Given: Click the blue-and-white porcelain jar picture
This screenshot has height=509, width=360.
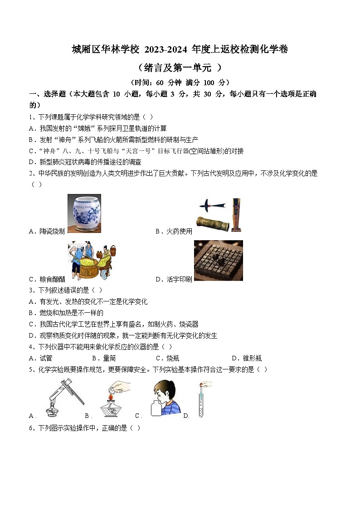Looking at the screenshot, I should tap(84, 213).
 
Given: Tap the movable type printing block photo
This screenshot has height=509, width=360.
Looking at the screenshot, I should tap(218, 261).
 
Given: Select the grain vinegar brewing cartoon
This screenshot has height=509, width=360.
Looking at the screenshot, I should tap(89, 261).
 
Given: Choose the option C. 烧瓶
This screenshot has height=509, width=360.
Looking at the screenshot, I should tap(167, 358).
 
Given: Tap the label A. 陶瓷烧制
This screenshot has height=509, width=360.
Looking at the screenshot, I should tap(47, 231).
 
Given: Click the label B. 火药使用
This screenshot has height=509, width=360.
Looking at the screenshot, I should tap(174, 231).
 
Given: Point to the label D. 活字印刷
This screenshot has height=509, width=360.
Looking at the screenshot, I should tap(174, 279).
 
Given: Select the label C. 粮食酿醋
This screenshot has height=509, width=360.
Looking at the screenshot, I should tap(47, 279).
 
